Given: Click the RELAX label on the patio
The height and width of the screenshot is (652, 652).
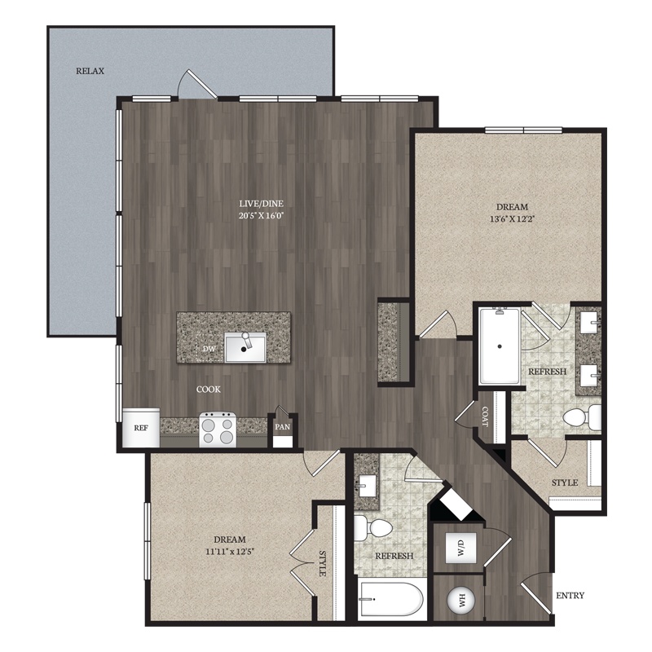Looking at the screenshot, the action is tap(90, 71).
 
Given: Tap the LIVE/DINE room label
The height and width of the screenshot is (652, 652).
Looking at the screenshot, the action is tap(261, 204).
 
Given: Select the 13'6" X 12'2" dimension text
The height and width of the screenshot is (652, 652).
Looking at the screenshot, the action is tap(513, 218).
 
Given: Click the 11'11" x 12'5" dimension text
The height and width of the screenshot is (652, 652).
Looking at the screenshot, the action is tap(230, 552).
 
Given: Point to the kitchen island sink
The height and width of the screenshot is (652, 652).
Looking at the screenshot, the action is tap(245, 348).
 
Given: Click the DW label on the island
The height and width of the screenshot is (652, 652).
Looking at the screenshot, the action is tap(209, 349).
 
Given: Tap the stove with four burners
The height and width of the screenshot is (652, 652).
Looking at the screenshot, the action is tap(218, 430).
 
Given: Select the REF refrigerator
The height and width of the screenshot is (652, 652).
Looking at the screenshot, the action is tap(141, 427).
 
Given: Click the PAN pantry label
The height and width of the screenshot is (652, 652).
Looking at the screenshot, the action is tap(282, 427).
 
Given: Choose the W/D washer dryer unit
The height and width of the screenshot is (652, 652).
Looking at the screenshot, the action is tap(460, 548).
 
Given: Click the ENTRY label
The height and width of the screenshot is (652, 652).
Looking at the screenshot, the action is tap(570, 596).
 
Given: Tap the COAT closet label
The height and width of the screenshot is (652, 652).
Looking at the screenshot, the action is tap(484, 416).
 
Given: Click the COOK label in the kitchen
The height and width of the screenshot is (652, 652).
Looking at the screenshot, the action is tap(209, 390).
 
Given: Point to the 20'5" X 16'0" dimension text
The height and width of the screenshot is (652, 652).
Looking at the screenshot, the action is tap(262, 215).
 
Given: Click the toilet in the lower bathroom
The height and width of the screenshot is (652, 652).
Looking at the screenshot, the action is tap(373, 528).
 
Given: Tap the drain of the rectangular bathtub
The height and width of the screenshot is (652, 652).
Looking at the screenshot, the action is tap(500, 346).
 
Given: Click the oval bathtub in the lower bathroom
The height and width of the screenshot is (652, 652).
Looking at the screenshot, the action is tap(391, 601).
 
